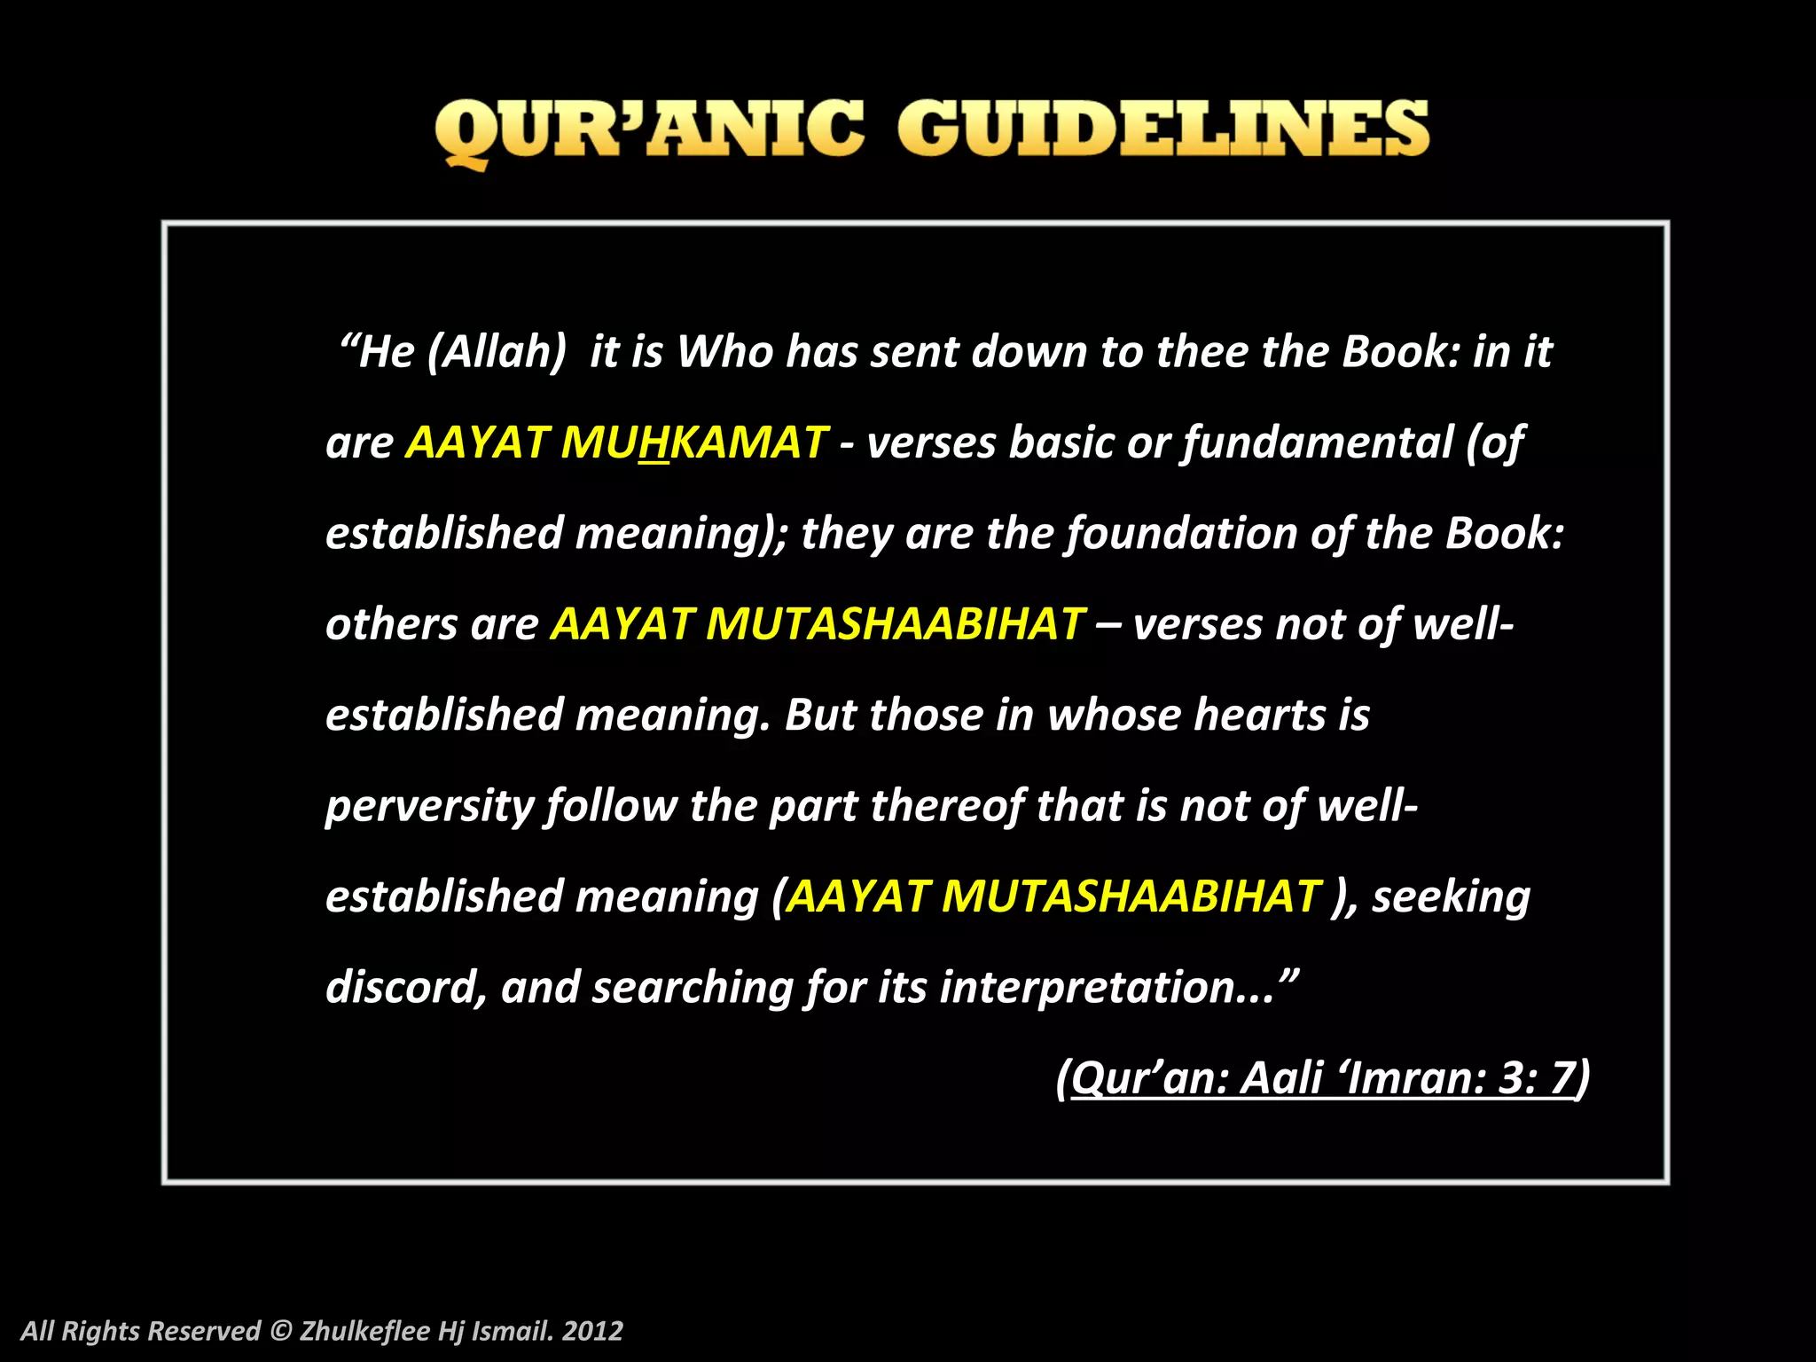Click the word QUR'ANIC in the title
pos(648,130)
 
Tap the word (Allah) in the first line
pos(497,352)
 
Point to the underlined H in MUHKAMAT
pos(654,442)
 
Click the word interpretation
pos(1086,987)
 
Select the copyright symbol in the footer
pos(280,1330)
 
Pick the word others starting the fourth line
pos(391,624)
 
